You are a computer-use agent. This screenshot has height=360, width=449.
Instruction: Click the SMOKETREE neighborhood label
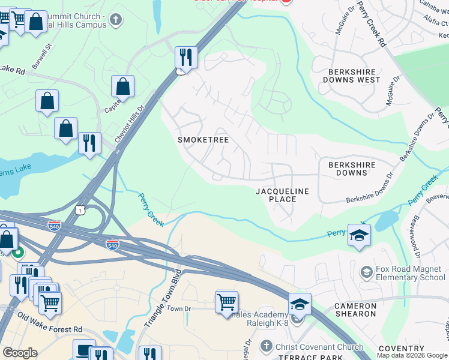tap(203, 140)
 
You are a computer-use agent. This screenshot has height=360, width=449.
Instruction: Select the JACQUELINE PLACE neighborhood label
tap(282, 195)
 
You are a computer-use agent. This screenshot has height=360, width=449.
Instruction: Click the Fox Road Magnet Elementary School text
tap(411, 274)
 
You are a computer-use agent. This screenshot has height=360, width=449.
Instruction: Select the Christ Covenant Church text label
tap(319, 347)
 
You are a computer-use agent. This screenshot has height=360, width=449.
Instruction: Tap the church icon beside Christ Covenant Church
tap(267, 347)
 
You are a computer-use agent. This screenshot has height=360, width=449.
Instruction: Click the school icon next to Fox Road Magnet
tap(366, 274)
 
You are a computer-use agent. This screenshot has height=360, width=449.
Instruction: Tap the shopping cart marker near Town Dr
tap(226, 302)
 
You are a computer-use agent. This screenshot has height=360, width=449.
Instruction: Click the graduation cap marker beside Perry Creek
tap(359, 235)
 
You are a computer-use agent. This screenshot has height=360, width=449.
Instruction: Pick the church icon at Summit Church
tap(116, 20)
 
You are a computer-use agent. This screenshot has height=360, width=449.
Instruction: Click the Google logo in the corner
tap(20, 353)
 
